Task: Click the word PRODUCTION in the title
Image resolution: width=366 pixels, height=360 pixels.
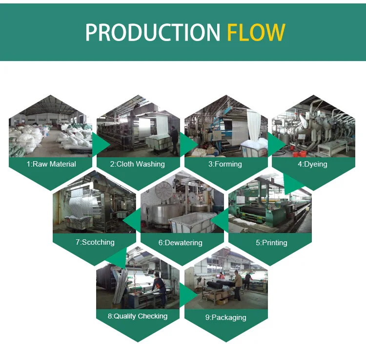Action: point(153,32)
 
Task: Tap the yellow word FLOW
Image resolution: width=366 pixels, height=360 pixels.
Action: point(256,32)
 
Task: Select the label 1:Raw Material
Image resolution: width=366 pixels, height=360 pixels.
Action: point(51,164)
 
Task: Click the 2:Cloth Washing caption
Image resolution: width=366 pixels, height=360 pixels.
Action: point(138,164)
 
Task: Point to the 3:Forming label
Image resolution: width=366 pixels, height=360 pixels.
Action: point(225,164)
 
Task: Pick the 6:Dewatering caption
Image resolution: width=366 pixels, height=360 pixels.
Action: point(180,242)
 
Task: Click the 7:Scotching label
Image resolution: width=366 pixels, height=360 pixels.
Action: point(95,242)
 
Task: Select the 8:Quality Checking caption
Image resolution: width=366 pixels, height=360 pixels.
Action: point(138,316)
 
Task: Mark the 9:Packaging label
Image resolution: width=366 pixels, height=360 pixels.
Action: point(225,317)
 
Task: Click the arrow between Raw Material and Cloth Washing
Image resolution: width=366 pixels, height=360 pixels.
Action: point(100,145)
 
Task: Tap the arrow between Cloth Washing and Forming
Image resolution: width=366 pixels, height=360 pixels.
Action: point(187,145)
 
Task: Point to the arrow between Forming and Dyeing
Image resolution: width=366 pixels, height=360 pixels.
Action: point(275,145)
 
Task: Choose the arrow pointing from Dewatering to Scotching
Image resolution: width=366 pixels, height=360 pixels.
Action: point(132,222)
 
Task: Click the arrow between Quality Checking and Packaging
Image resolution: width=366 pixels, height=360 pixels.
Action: point(188,295)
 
